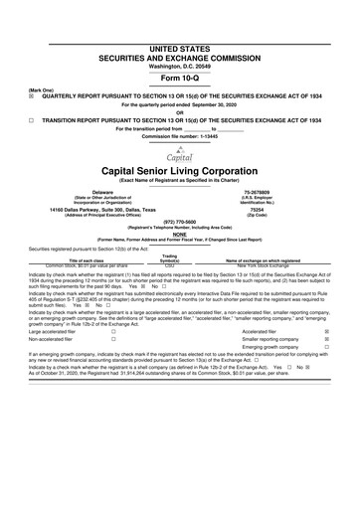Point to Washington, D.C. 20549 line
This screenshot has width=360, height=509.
tap(180, 38)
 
